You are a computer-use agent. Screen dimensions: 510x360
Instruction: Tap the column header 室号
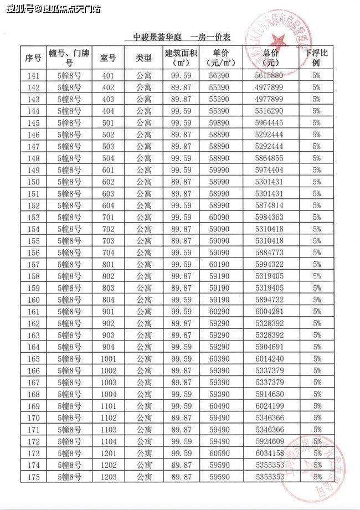click(108, 58)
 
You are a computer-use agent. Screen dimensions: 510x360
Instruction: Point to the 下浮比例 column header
click(316, 58)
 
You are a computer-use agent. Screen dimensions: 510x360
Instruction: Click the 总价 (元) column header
click(270, 58)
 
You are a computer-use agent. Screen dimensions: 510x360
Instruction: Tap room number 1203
click(109, 476)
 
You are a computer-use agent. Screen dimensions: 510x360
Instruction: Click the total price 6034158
click(270, 453)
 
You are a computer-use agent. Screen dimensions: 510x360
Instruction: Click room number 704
click(108, 253)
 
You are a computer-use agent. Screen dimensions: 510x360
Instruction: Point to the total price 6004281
click(270, 311)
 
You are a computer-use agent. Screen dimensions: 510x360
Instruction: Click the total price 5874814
click(270, 205)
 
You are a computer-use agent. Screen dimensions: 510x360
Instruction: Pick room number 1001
click(109, 358)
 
